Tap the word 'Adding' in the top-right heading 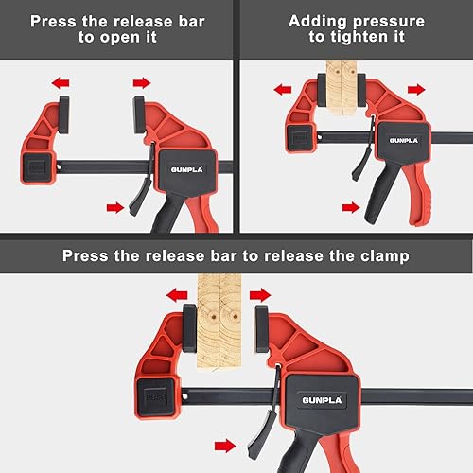point(317,22)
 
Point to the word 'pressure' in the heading point(389,23)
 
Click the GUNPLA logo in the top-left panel point(186,169)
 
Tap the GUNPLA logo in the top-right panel point(403,141)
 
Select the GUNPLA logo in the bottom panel point(322,400)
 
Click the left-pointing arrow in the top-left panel point(61,83)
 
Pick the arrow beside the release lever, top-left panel point(115,208)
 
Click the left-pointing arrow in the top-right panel point(283,90)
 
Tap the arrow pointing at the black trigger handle point(351,207)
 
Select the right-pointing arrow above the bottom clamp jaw point(260,295)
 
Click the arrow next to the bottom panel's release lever point(225,447)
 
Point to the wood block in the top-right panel point(342,88)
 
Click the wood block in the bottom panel point(219,322)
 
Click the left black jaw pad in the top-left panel point(64,115)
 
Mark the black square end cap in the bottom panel point(155,397)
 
